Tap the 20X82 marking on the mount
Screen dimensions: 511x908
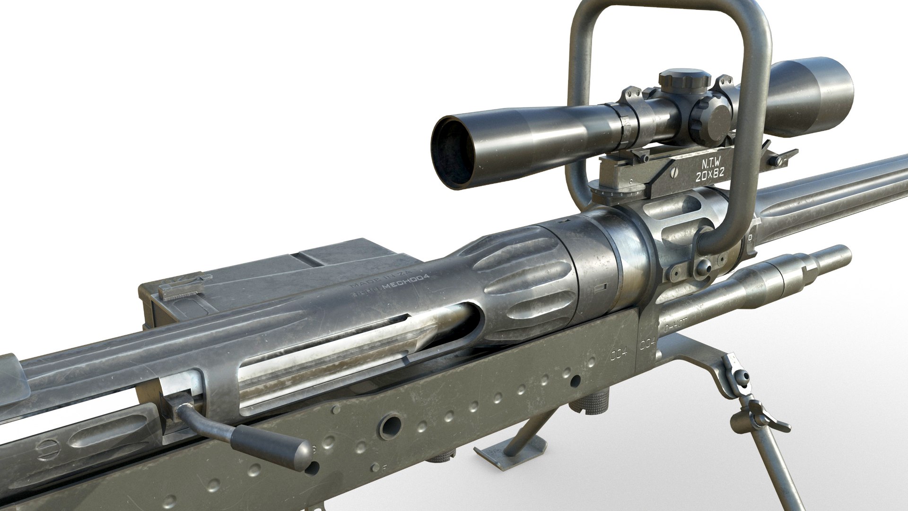tap(710, 177)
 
